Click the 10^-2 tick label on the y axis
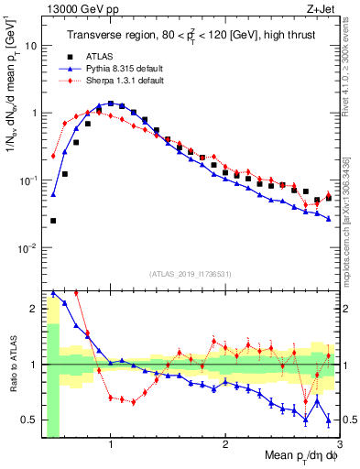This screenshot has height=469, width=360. click(x=27, y=248)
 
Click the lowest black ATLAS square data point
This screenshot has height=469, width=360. click(x=53, y=221)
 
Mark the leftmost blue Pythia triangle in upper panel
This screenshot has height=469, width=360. click(x=53, y=194)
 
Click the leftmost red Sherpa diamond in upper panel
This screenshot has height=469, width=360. click(x=53, y=156)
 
